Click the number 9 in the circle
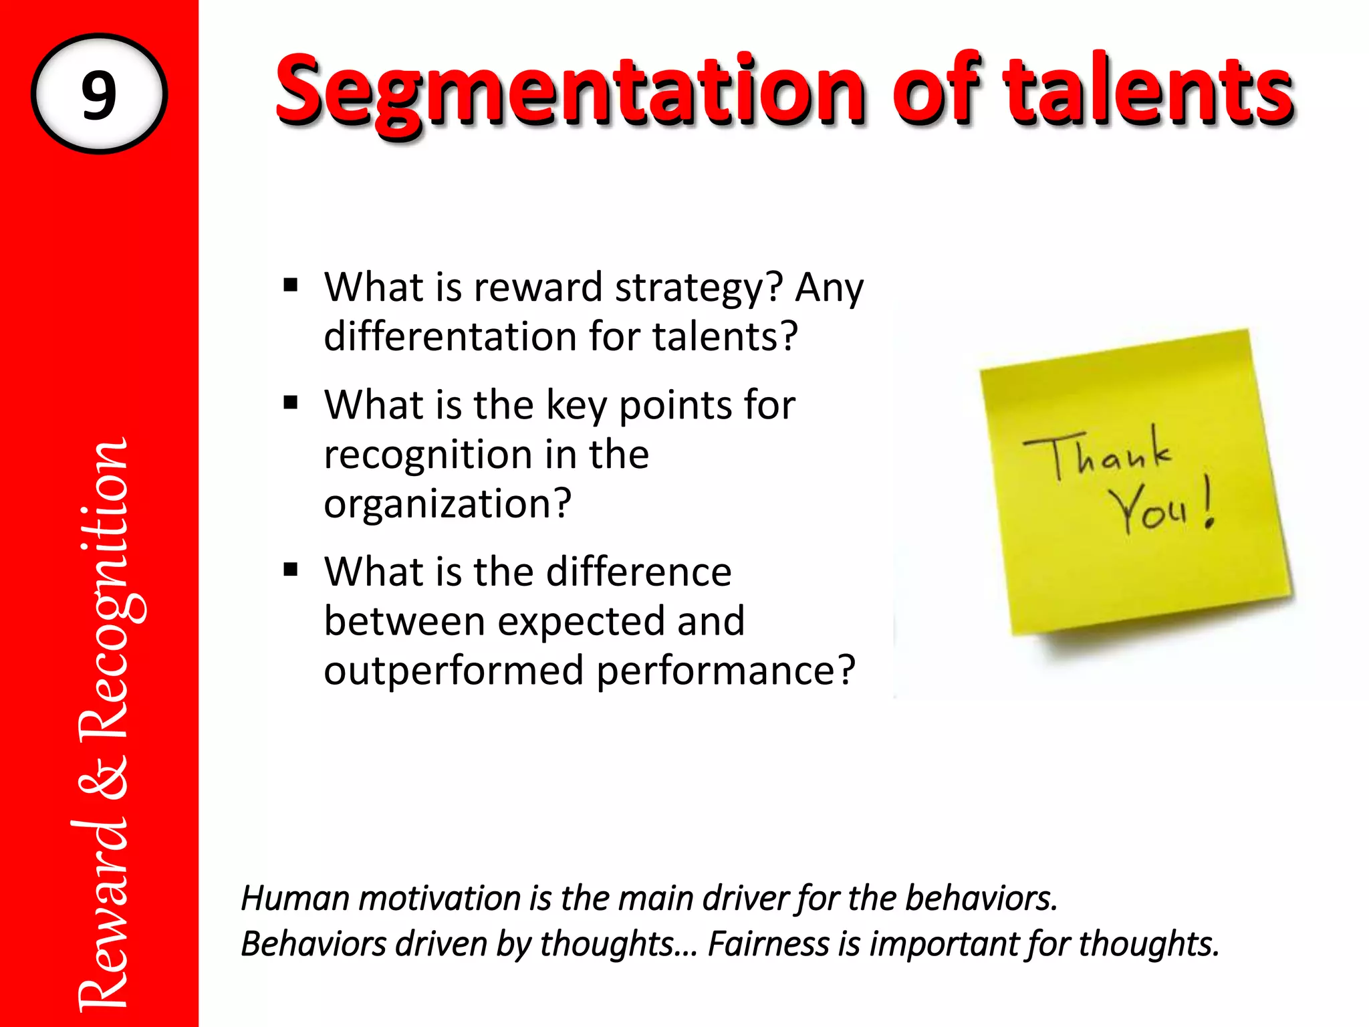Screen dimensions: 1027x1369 click(99, 95)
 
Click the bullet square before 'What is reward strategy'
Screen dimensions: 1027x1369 click(290, 286)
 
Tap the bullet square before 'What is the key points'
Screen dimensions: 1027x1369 click(290, 403)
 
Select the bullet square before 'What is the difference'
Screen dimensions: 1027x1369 click(290, 570)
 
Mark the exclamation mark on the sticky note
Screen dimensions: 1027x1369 click(1209, 503)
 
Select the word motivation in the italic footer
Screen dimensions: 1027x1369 click(439, 898)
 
